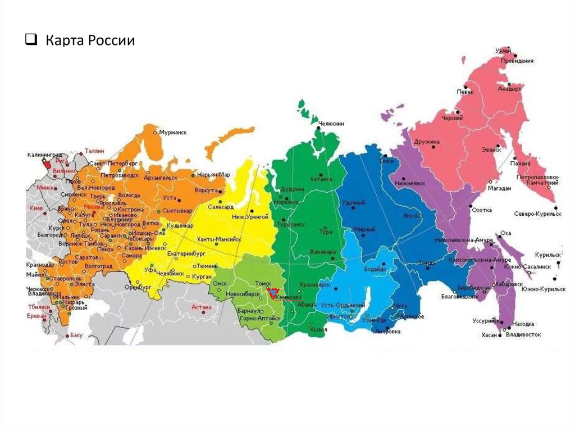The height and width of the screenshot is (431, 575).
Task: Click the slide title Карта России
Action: click(x=90, y=41)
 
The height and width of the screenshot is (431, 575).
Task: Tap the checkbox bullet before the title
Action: click(x=31, y=41)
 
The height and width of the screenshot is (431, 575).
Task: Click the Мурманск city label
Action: click(x=172, y=133)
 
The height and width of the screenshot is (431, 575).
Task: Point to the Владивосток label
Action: click(x=523, y=334)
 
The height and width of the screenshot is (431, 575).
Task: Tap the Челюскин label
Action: click(x=331, y=124)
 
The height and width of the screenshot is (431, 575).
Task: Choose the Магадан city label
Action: click(x=499, y=189)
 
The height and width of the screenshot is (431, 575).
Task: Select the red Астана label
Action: click(x=200, y=307)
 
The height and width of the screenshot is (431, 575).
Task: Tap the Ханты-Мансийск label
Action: click(x=219, y=239)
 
